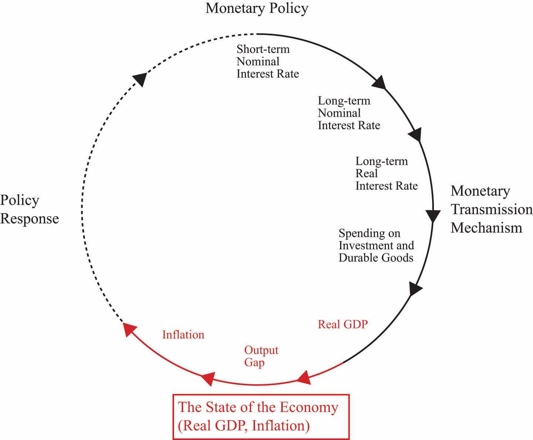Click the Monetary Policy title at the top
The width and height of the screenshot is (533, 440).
tap(257, 8)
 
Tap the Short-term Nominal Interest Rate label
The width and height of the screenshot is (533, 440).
tap(267, 62)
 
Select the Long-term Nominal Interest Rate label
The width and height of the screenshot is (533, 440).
tap(349, 113)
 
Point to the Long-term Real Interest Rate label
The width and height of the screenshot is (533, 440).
tap(386, 173)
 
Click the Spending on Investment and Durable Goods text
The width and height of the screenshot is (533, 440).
tap(376, 245)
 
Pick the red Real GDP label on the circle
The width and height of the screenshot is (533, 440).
tap(343, 324)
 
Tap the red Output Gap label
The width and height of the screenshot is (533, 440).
tap(261, 356)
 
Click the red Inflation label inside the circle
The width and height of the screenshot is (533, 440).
tap(183, 335)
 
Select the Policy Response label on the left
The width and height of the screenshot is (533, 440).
tap(29, 209)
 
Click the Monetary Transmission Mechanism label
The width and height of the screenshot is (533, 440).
tap(491, 209)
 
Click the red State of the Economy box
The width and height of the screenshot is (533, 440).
tap(261, 417)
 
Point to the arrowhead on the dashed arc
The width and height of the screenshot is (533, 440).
tap(140, 78)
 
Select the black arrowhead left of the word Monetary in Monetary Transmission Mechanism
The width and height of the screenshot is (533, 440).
tap(433, 215)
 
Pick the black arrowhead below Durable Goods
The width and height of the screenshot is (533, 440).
tap(415, 289)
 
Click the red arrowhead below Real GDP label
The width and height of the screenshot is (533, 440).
tap(305, 378)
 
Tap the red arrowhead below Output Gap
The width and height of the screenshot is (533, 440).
tap(208, 378)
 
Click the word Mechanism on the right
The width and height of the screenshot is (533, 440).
tap(486, 228)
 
